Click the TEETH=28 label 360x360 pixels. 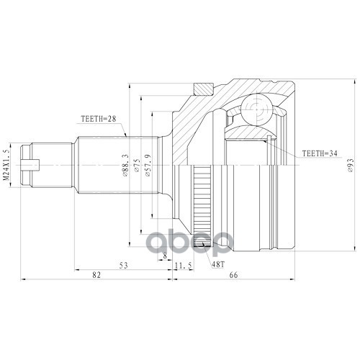(x=99, y=119)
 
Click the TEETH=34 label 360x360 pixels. (x=320, y=153)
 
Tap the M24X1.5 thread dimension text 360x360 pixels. (x=6, y=164)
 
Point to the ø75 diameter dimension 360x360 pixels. (x=137, y=166)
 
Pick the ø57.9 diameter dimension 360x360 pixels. (x=148, y=166)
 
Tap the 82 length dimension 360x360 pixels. (x=96, y=275)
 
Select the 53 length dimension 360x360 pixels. (x=124, y=266)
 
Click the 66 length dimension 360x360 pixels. (x=233, y=275)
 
